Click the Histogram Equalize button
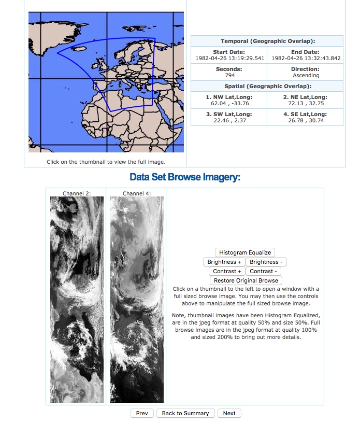point(244,252)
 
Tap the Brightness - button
point(266,262)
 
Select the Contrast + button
point(227,271)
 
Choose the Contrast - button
point(263,271)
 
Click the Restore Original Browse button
point(246,280)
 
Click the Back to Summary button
point(185,413)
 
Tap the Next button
point(229,413)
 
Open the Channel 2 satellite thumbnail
point(76,300)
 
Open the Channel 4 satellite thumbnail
point(137,300)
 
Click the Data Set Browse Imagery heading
point(185,178)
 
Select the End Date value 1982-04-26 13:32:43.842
point(306,58)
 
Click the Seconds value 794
point(229,76)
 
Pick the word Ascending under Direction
point(306,76)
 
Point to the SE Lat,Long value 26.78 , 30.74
point(306,120)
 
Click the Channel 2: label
point(77,193)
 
